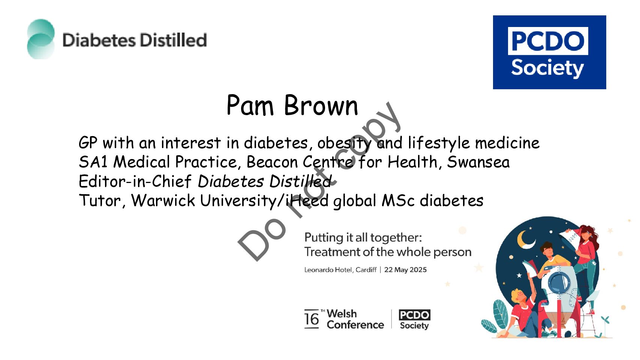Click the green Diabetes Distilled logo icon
click(x=41, y=39)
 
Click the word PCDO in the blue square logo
click(x=548, y=41)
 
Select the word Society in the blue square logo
click(x=547, y=69)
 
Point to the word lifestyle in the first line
click(x=439, y=143)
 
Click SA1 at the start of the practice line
click(x=93, y=162)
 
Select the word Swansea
click(x=478, y=162)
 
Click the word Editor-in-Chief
click(x=135, y=181)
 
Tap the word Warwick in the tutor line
click(x=163, y=200)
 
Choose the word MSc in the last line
click(x=398, y=200)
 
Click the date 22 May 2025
click(x=405, y=270)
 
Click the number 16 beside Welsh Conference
click(x=312, y=319)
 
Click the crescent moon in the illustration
click(x=525, y=240)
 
